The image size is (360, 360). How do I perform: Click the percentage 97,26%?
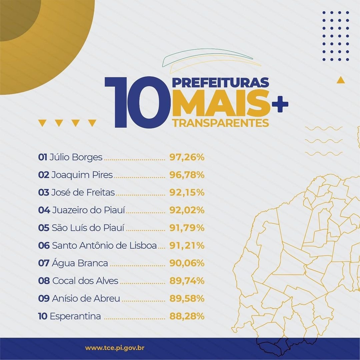pos(187,157)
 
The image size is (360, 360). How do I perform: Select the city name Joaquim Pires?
pos(82,175)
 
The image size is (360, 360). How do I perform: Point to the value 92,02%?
pos(187,210)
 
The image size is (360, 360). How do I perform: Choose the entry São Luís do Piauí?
pos(88,228)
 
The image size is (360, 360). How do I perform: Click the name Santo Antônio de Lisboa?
pos(104,246)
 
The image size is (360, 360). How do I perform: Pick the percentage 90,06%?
pos(187,263)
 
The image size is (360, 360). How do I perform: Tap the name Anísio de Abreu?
pos(86,299)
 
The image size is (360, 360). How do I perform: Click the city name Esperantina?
pos(75,316)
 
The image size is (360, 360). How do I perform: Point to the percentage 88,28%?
pos(187,316)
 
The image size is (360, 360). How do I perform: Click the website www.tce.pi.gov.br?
pos(115,348)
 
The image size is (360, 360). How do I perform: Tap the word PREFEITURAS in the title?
pos(220,82)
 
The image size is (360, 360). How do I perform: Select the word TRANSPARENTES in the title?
pos(221,123)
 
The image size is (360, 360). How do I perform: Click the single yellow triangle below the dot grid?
pos(340,80)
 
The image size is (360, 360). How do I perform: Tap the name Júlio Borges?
pos(76,157)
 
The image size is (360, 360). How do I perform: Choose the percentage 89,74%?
pos(187,281)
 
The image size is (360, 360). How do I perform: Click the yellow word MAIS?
pos(221,103)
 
